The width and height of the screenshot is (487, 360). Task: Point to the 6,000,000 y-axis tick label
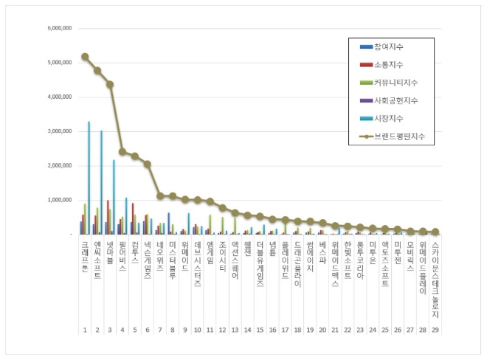58,28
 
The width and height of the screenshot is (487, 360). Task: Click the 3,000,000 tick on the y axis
58,131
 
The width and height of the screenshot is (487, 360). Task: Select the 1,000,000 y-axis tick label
58,200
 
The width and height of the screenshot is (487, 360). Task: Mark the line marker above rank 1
85,56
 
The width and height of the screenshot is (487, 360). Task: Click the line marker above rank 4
122,152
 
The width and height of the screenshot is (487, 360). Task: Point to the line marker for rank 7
160,195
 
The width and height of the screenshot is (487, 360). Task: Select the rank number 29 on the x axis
435,330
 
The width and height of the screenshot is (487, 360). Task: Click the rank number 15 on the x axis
260,330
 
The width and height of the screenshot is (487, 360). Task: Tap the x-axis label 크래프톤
85,255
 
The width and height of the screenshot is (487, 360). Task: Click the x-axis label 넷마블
110,250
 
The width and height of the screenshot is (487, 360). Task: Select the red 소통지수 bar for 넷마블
108,217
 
